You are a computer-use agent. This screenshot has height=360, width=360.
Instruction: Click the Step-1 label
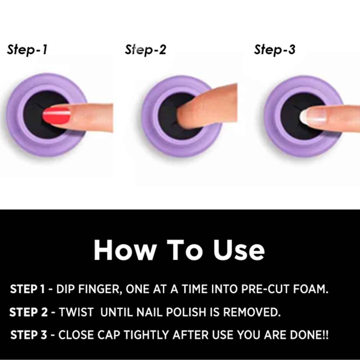pos(27,50)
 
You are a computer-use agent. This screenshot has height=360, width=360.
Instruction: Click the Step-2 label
pos(146,50)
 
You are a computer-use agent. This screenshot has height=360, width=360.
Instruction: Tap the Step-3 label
pos(275,50)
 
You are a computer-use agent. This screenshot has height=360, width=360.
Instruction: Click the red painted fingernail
pos(57,115)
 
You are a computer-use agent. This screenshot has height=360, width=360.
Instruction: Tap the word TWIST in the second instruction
pos(76,313)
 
